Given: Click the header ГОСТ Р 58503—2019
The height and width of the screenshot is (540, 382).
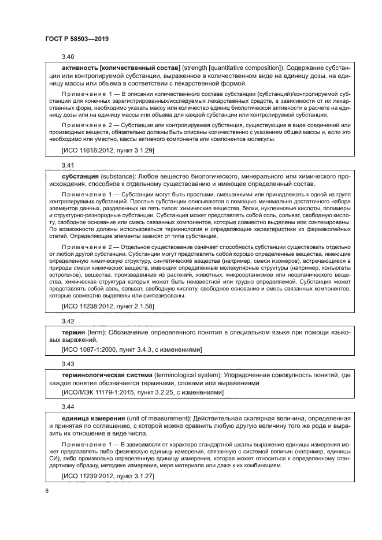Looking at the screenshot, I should point(77,39).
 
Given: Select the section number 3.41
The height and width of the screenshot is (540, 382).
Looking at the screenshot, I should point(69,165).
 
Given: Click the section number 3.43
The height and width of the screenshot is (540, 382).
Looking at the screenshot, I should point(69,365).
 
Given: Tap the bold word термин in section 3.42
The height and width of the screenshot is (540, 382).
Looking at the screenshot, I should point(73,332).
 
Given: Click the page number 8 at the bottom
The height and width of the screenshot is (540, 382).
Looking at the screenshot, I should point(47,490).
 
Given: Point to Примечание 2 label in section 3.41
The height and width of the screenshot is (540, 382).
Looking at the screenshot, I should point(85,252).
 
